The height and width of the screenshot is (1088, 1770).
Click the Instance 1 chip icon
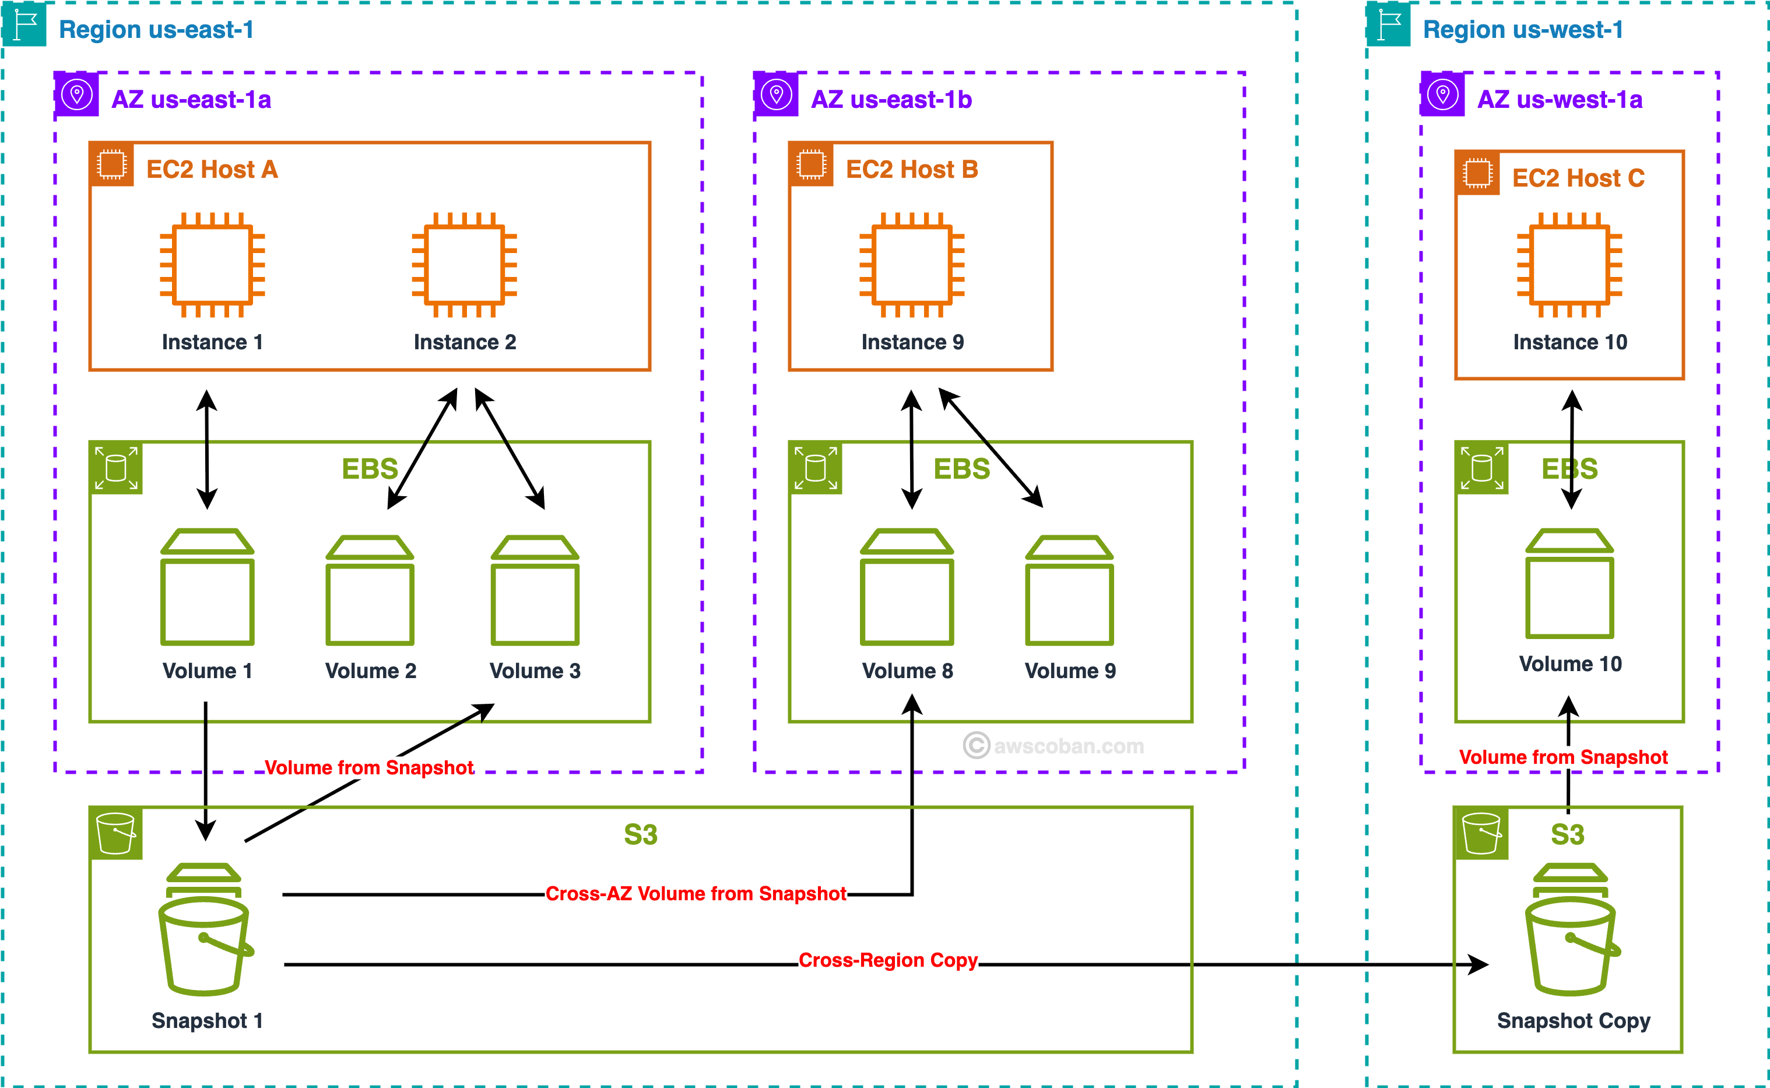point(212,264)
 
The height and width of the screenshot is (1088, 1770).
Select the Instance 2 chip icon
point(464,264)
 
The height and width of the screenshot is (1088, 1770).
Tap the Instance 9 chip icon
point(912,264)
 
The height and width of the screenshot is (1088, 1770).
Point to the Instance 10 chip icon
point(1569,264)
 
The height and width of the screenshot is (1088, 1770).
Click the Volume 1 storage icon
point(207,587)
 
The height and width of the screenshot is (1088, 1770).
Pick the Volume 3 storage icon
point(535,590)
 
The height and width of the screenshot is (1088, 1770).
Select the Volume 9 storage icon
point(1069,590)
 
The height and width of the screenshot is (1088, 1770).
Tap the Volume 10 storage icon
point(1569,584)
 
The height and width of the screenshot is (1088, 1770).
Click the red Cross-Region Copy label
point(888,961)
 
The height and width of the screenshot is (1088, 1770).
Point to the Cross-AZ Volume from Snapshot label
point(695,894)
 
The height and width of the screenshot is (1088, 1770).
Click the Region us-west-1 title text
point(1522,30)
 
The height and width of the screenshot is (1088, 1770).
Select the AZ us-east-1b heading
point(891,99)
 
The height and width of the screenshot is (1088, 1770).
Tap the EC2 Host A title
point(212,169)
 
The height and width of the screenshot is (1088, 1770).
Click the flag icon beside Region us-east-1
point(25,25)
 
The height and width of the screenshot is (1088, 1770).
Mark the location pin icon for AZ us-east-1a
point(77,94)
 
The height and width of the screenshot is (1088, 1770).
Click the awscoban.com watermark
point(1054,746)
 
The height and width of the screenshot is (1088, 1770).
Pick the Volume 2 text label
point(371,671)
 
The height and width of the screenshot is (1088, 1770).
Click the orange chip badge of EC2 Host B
point(811,165)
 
